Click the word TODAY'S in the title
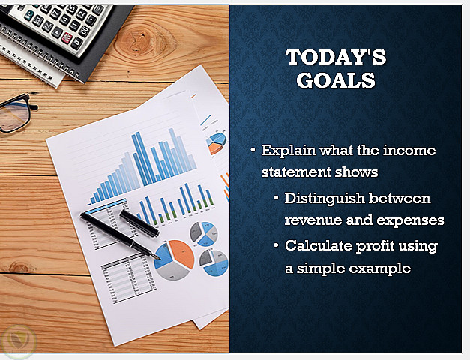[336, 57]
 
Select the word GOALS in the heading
[336, 80]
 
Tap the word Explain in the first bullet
[289, 151]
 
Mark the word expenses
[410, 221]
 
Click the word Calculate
[319, 246]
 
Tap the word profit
[375, 246]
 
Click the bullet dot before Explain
[253, 149]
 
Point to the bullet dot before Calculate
[277, 245]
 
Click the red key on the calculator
[67, 37]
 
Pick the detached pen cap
[139, 223]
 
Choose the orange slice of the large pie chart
[181, 253]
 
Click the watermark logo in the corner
[19, 342]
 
